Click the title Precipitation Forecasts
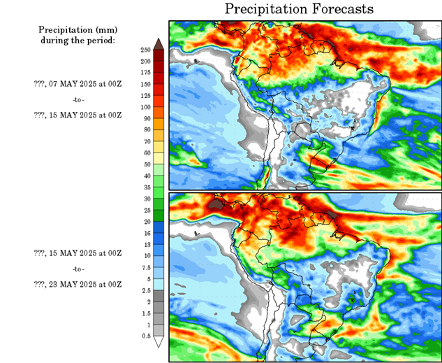click(299, 9)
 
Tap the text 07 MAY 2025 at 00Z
click(78, 83)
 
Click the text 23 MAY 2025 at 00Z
click(78, 284)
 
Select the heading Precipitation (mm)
click(77, 30)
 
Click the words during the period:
click(77, 41)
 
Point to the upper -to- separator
click(77, 99)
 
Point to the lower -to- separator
click(77, 269)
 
